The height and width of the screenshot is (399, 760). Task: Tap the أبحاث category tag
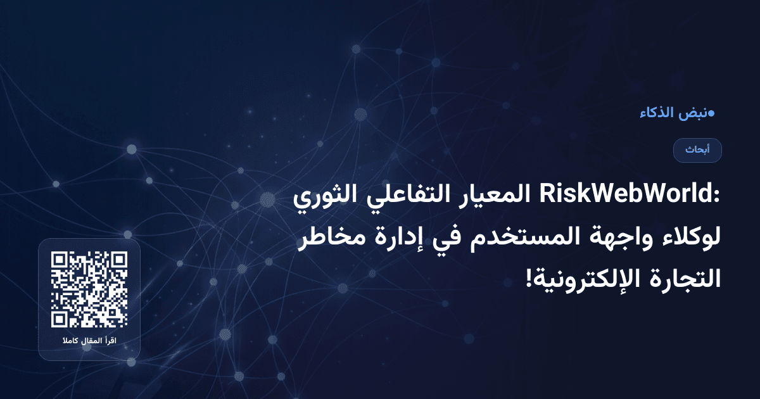697,150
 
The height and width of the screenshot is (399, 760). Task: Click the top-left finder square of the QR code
60,260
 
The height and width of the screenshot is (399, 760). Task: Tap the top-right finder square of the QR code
118,260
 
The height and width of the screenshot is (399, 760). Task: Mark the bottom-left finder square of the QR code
60,319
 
